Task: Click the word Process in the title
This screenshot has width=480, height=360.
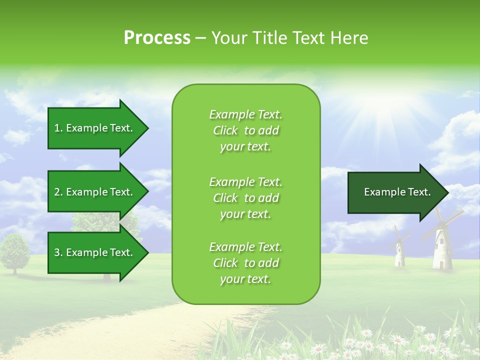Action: click(x=157, y=38)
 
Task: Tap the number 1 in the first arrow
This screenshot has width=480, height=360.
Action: click(x=56, y=128)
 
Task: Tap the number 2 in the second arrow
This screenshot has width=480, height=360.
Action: click(x=56, y=192)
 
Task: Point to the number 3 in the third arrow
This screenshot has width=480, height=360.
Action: click(x=56, y=252)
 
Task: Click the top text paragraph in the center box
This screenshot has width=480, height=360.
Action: click(x=245, y=130)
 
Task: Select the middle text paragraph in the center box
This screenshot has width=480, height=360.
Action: click(x=245, y=198)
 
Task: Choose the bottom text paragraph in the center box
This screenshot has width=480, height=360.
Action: click(x=245, y=263)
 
